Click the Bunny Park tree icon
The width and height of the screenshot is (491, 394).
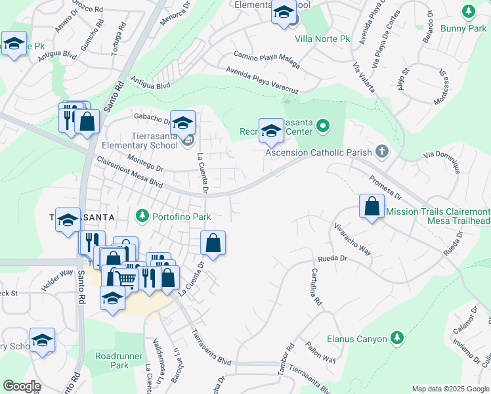468,11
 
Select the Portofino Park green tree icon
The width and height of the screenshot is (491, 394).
142,215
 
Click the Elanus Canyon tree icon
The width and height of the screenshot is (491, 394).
396,338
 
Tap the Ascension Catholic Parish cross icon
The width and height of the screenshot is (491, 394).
382,152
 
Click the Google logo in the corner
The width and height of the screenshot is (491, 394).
21,386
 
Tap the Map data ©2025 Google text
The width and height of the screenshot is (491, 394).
450,389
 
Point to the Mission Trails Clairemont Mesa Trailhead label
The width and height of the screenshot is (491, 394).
438,217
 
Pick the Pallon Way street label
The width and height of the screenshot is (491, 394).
321,353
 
